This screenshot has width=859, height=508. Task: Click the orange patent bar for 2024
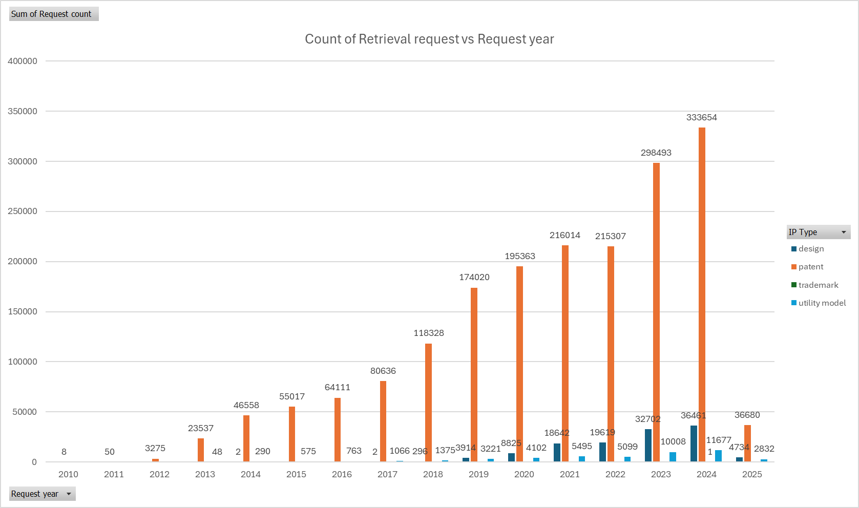702,294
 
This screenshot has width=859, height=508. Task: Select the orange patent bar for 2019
474,374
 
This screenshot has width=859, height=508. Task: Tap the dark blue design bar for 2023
648,445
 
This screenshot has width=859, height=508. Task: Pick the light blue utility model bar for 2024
718,456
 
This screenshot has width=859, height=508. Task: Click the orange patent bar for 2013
201,450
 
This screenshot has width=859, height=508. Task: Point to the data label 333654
701,117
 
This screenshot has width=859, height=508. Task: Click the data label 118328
428,333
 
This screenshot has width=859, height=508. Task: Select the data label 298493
656,153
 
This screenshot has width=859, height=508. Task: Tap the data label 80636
383,371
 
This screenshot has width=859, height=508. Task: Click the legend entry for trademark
814,285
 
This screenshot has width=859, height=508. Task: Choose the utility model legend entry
819,303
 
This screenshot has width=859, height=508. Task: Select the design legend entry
807,249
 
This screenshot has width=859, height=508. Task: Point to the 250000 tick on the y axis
23,211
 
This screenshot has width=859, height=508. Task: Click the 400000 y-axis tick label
23,61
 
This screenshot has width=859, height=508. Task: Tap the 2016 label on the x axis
342,474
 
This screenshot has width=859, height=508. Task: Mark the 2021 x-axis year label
570,474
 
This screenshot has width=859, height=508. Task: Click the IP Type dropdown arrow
844,232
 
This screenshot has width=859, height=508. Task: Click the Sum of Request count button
54,14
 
